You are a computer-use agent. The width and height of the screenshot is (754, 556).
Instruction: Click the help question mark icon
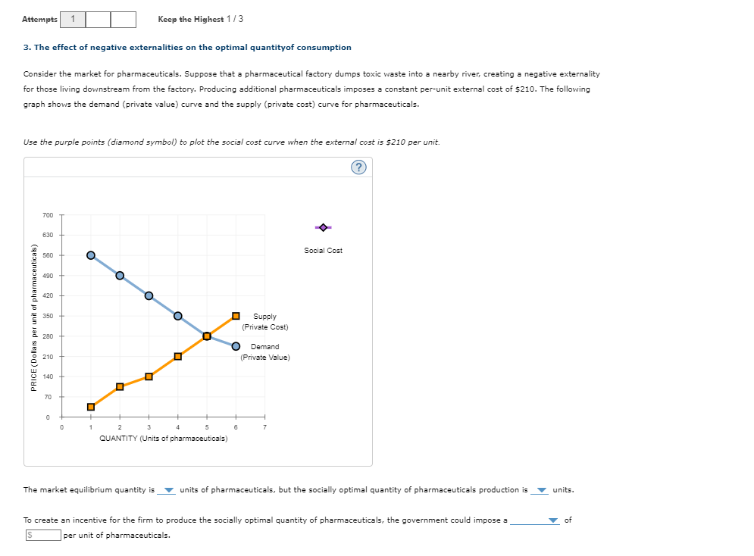(358, 167)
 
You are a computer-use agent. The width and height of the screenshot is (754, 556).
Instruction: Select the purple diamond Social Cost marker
(323, 227)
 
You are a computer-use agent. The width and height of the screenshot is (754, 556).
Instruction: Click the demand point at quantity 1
(91, 255)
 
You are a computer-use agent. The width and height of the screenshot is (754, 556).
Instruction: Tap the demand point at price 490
(120, 276)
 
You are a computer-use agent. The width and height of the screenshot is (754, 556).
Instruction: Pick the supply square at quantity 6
(236, 316)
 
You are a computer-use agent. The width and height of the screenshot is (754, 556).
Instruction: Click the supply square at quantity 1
(91, 407)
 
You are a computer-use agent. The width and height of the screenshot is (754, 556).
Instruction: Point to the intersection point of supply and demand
(207, 336)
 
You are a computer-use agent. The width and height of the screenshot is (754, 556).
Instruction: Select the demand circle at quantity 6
(236, 346)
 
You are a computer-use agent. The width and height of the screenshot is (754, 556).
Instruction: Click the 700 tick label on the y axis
(48, 215)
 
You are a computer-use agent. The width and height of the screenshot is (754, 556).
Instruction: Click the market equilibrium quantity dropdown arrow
(168, 490)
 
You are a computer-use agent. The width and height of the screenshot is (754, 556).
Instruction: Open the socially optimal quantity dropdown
(542, 490)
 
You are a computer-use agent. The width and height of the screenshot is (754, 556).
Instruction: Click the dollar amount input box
(43, 535)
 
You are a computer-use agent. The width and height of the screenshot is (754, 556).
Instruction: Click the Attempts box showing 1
(73, 19)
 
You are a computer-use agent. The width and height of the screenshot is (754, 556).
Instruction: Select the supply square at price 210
(178, 356)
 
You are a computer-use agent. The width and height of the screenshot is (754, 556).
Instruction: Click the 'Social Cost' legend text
(323, 251)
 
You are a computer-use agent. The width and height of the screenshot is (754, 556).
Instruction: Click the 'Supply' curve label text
(265, 316)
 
